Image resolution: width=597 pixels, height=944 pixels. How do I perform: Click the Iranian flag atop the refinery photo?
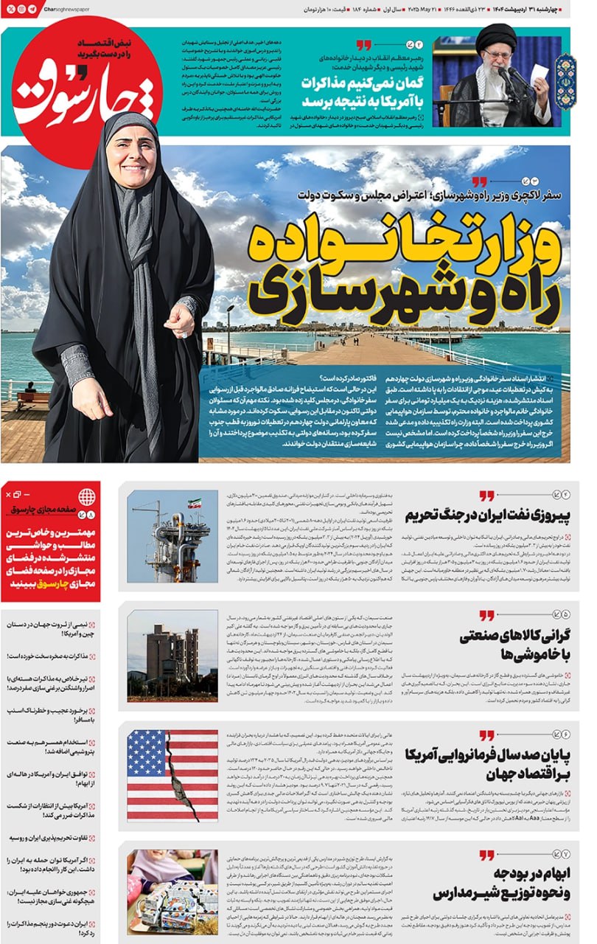(x=195, y=504)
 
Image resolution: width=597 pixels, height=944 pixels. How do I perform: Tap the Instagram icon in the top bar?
(x=21, y=8)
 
